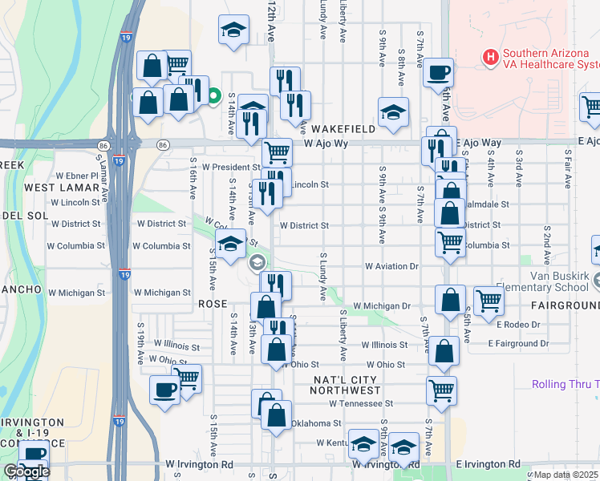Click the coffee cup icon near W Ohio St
pyautogui.click(x=165, y=391)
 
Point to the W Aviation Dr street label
pyautogui.click(x=391, y=265)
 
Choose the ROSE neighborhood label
pyautogui.click(x=213, y=305)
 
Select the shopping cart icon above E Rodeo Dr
pyautogui.click(x=489, y=301)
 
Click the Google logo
pyautogui.click(x=26, y=471)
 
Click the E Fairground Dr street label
pyautogui.click(x=522, y=343)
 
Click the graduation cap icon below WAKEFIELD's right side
pyautogui.click(x=393, y=113)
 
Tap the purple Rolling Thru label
pyautogui.click(x=565, y=384)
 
